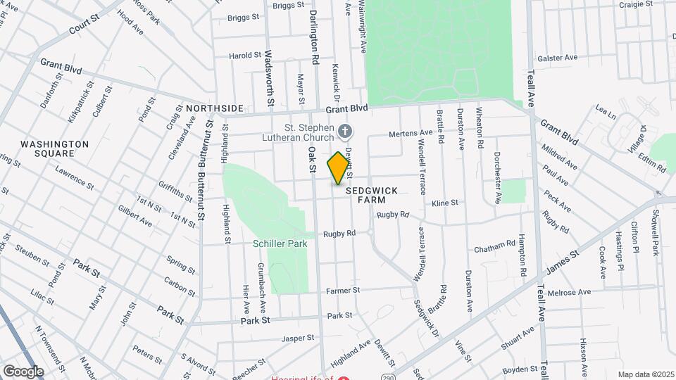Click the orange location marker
tap(339, 167)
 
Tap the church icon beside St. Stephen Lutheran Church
tap(345, 130)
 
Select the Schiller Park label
tap(280, 244)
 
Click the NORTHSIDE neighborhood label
tap(215, 108)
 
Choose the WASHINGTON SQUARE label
tap(54, 148)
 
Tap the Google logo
tap(23, 371)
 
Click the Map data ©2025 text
tap(646, 374)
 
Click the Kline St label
tap(445, 203)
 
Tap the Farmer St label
tap(343, 289)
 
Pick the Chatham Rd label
tap(494, 246)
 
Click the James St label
tap(562, 260)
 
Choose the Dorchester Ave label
tap(496, 177)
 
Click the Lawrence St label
tap(75, 177)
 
